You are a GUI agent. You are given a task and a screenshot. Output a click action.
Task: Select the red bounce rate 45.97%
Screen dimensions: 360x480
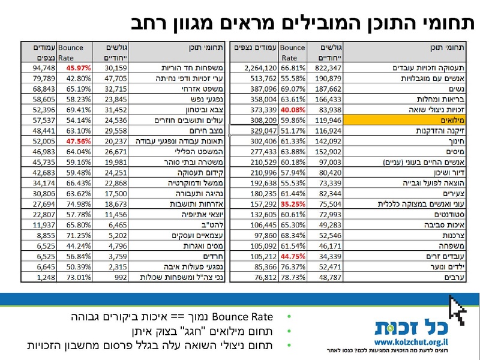[x=78, y=68]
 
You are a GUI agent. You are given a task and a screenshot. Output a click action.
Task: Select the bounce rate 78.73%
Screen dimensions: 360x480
[x=293, y=278]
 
